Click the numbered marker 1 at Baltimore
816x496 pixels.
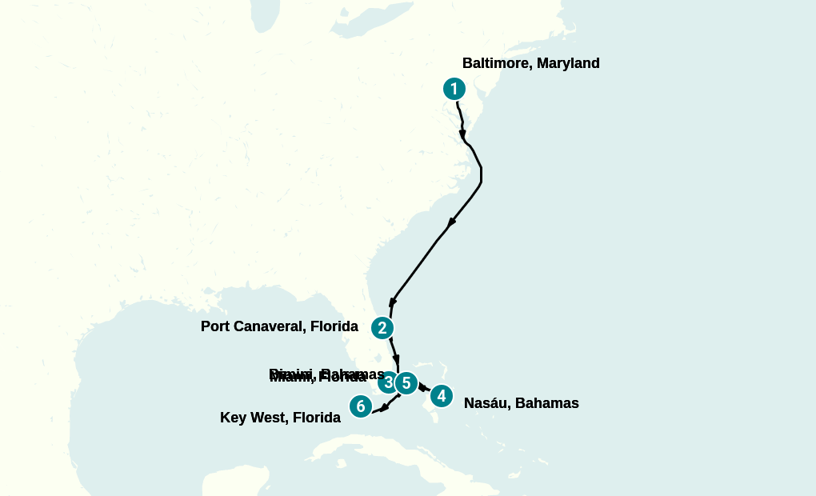(454, 89)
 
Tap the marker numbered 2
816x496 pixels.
(382, 327)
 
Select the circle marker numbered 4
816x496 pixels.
(441, 395)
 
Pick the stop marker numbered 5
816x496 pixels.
(406, 383)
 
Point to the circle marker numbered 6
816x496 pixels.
(361, 406)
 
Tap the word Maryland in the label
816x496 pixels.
(568, 63)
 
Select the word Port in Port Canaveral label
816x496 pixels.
(216, 326)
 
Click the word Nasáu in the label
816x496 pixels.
(486, 403)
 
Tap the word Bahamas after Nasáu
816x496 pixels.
(547, 403)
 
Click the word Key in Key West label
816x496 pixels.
(234, 418)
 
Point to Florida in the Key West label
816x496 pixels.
(316, 418)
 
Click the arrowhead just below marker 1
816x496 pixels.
(462, 133)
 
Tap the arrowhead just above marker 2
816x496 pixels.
(392, 302)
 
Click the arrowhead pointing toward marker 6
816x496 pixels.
(384, 408)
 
